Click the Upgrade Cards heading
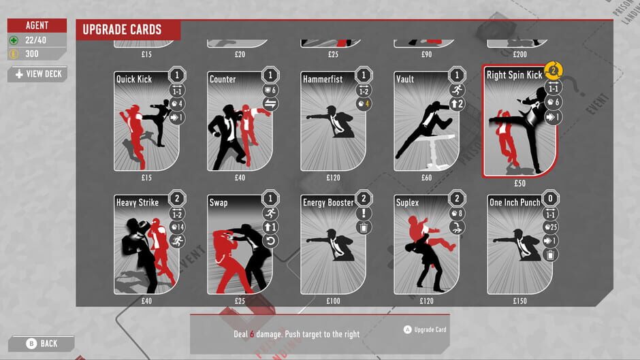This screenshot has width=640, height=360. pyautogui.click(x=122, y=29)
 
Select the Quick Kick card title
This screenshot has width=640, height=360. pyautogui.click(x=134, y=79)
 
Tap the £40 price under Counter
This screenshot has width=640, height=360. pyautogui.click(x=240, y=178)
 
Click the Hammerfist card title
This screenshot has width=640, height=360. pyautogui.click(x=323, y=79)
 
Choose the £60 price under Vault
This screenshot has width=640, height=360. pyautogui.click(x=427, y=178)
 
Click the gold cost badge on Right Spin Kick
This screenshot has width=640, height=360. pyautogui.click(x=553, y=69)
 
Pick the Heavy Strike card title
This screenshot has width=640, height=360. pyautogui.click(x=138, y=203)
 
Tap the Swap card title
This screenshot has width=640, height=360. pyautogui.click(x=219, y=203)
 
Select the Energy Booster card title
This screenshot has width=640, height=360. pyautogui.click(x=328, y=203)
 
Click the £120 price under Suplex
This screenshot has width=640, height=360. pyautogui.click(x=427, y=301)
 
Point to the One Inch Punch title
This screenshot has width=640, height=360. pyautogui.click(x=515, y=203)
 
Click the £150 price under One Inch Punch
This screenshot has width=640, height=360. pyautogui.click(x=520, y=301)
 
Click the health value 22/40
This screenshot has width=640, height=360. pyautogui.click(x=37, y=41)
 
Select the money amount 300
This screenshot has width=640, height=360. pyautogui.click(x=33, y=54)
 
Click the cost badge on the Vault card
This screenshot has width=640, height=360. pyautogui.click(x=458, y=74)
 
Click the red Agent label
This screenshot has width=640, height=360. pyautogui.click(x=37, y=25)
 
